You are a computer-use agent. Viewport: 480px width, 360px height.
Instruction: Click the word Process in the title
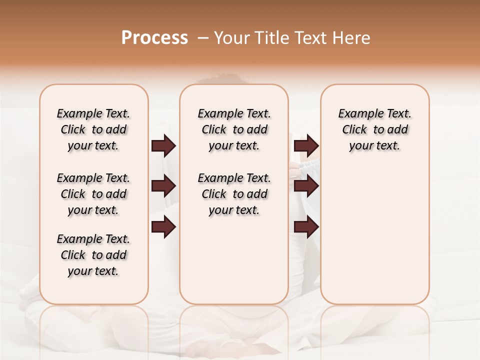coord(154,38)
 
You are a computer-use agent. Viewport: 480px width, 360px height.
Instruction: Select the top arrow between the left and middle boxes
coord(163,146)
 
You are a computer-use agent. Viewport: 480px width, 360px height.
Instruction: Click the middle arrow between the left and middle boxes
coord(163,186)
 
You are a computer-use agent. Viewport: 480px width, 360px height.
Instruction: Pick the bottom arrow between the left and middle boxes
coord(163,227)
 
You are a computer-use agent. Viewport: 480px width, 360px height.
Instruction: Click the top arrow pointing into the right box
coord(306,146)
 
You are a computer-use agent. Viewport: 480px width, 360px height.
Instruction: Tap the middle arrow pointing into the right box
coord(306,186)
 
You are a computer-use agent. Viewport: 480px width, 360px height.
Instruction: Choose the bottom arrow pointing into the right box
coord(306,227)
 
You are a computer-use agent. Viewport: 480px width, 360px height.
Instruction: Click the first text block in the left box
coord(93,129)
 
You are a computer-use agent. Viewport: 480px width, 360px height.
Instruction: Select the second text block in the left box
coord(93,194)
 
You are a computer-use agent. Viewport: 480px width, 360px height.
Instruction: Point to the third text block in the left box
coord(93,255)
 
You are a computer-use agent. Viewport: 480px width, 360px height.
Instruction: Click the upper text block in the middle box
coord(234,129)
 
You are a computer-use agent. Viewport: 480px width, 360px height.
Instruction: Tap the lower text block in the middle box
coord(234,194)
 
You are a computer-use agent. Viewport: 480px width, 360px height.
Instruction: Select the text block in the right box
coord(374,129)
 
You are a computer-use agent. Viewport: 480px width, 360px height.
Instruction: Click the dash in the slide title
coord(203,38)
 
